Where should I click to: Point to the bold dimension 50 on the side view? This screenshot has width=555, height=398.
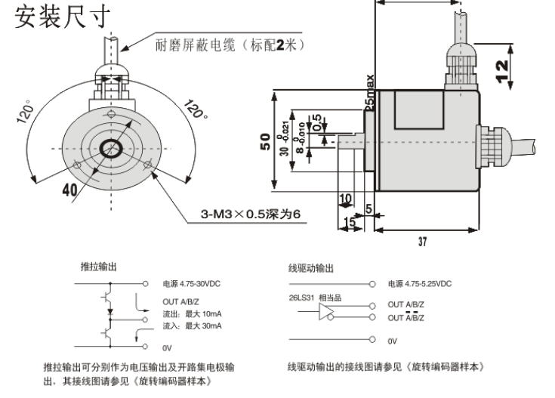coord(265,142)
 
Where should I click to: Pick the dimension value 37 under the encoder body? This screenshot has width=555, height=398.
coord(421,242)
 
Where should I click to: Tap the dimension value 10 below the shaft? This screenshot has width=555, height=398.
coord(346,198)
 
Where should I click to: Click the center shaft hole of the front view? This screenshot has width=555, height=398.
coord(113,147)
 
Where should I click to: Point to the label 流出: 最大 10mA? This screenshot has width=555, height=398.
coord(193,313)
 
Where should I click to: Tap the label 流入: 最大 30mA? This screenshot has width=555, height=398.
coord(193,326)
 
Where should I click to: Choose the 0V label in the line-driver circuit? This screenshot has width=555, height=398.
coord(392,341)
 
